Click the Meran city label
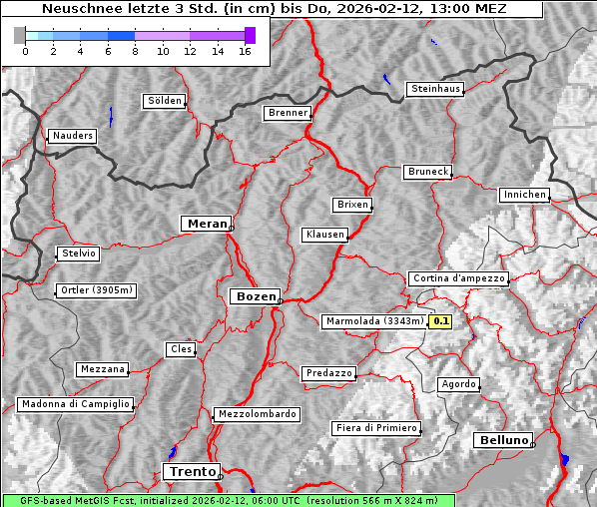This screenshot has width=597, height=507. [207, 224]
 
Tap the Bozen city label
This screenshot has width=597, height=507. [255, 296]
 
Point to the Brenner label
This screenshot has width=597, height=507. [288, 113]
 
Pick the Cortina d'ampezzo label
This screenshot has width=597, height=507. [458, 278]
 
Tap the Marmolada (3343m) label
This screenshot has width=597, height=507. [374, 321]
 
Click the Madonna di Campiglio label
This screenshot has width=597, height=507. [75, 404]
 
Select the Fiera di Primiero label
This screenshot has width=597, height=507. [375, 428]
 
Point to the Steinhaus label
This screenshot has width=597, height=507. [436, 89]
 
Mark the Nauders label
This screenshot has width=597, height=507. [72, 136]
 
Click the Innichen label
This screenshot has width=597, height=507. [524, 195]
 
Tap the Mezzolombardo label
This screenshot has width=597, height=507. [256, 413]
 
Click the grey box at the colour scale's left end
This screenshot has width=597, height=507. [20, 35]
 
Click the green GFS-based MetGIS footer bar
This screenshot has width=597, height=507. [228, 500]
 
